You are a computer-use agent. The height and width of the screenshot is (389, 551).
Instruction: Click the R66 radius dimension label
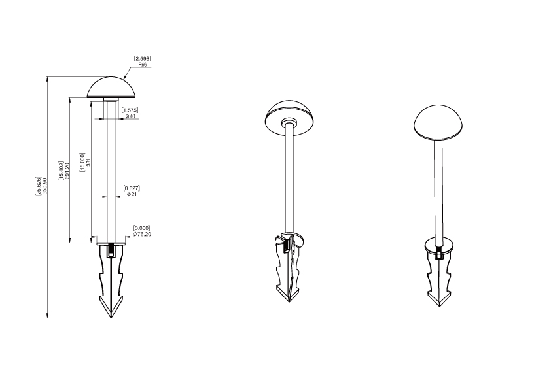pyautogui.click(x=142, y=65)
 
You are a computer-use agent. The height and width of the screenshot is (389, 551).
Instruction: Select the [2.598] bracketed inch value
pyautogui.click(x=142, y=59)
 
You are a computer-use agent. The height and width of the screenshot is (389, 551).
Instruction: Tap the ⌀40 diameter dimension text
pyautogui.click(x=130, y=116)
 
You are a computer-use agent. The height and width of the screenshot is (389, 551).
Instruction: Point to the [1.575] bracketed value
pyautogui.click(x=130, y=110)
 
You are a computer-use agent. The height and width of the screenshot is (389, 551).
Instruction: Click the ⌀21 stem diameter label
pyautogui.click(x=132, y=194)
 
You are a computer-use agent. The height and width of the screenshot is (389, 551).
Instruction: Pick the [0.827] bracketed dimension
pyautogui.click(x=132, y=188)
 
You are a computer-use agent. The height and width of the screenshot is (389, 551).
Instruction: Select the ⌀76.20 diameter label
pyautogui.click(x=142, y=234)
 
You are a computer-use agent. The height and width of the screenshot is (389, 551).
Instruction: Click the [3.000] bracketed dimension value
pyautogui.click(x=141, y=228)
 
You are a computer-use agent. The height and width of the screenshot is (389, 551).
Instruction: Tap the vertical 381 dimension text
pyautogui.click(x=89, y=162)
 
